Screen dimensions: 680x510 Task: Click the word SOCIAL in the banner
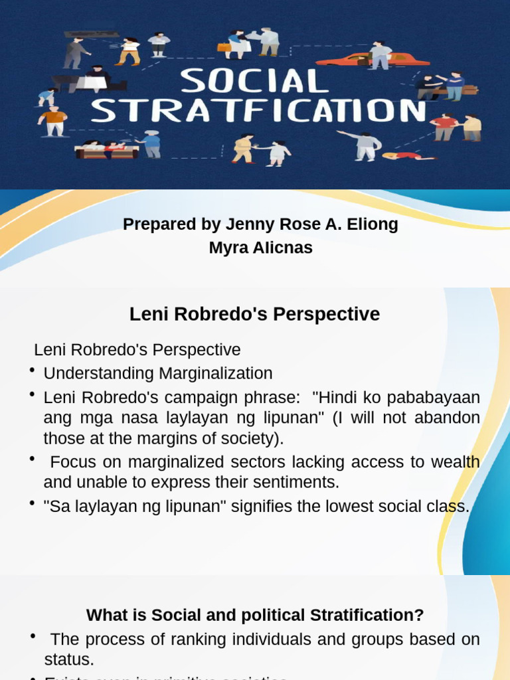point(254,82)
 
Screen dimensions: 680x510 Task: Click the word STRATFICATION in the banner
point(259,111)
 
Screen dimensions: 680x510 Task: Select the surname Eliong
point(371,224)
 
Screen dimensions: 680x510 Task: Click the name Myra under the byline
point(226,248)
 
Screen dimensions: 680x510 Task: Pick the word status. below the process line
point(69,659)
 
